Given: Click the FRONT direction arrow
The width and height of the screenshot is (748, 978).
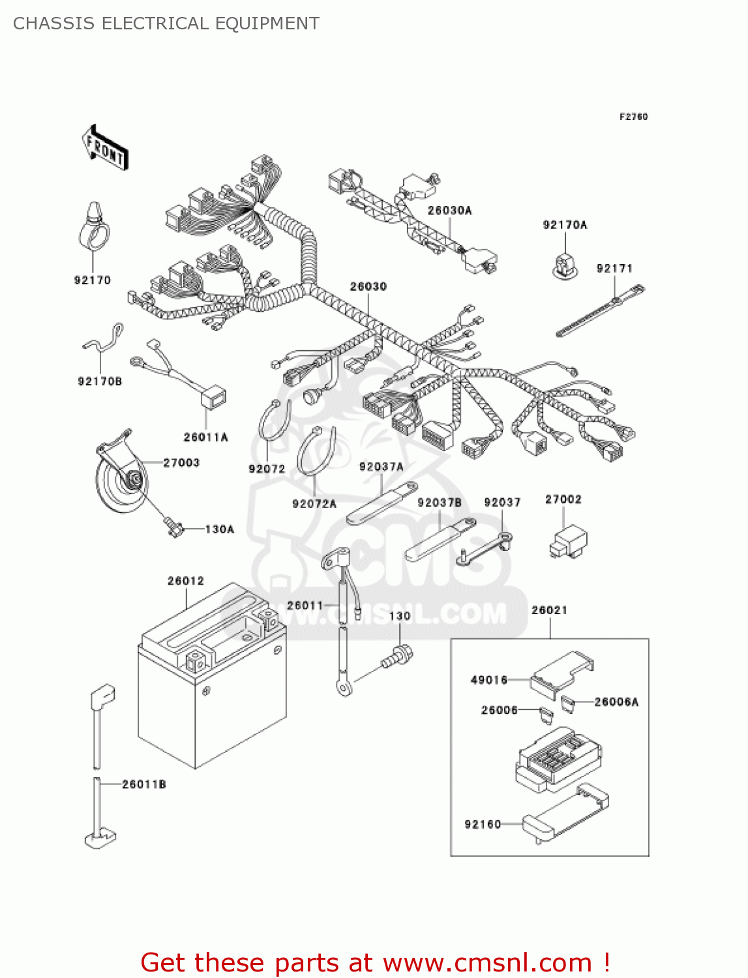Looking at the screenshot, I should (x=104, y=149).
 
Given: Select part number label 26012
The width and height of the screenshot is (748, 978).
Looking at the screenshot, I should (x=185, y=581).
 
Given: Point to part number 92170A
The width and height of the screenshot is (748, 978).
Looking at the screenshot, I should (x=565, y=225).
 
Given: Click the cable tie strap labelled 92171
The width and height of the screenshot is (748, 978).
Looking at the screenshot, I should (x=600, y=312).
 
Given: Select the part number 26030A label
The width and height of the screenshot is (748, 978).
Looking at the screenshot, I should (x=449, y=211).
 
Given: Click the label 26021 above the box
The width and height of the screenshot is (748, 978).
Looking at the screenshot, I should (x=549, y=610).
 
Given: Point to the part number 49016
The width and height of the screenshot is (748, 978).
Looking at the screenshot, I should (x=488, y=680).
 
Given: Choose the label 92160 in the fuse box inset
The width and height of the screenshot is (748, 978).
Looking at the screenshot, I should (x=483, y=825).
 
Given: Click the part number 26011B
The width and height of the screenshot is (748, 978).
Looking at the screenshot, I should (x=143, y=784).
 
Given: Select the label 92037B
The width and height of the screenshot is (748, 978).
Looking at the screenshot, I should (x=439, y=503).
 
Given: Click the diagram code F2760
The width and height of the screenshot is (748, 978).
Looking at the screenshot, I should (x=633, y=117).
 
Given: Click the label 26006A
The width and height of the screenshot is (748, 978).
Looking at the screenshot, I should (x=616, y=702).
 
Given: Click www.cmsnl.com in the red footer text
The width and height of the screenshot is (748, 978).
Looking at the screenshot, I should (x=486, y=962).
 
